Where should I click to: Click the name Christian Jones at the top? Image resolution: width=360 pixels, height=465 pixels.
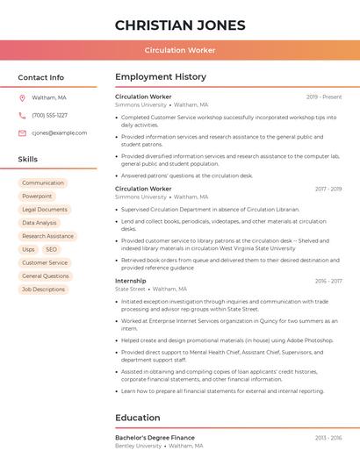180,25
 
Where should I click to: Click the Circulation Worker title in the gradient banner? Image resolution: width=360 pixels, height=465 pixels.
180,50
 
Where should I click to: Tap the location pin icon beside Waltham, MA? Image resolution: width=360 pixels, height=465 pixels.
22,97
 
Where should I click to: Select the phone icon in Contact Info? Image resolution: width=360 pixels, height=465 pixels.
22,115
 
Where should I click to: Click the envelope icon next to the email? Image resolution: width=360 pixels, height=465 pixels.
22,132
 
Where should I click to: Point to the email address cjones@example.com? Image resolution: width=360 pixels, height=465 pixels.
60,132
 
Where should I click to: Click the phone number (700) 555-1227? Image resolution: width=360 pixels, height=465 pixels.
49,115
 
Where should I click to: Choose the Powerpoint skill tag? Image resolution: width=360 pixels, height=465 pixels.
37,197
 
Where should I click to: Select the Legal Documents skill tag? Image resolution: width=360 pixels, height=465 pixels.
45,210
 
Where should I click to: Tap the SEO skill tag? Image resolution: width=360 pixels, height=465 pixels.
51,249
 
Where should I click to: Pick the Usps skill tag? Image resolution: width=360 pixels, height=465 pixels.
29,249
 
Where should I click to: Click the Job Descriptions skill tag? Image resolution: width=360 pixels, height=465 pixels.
43,289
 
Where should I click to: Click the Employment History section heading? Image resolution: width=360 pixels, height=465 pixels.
161,77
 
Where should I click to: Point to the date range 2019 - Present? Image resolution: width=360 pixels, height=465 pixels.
324,97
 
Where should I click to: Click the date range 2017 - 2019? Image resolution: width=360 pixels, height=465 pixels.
328,189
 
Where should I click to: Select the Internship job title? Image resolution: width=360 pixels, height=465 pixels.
131,281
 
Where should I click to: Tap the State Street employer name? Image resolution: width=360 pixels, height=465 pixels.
130,289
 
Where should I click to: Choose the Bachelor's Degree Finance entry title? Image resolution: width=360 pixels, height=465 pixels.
155,437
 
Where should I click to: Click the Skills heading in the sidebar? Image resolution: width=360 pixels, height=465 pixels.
28,159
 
